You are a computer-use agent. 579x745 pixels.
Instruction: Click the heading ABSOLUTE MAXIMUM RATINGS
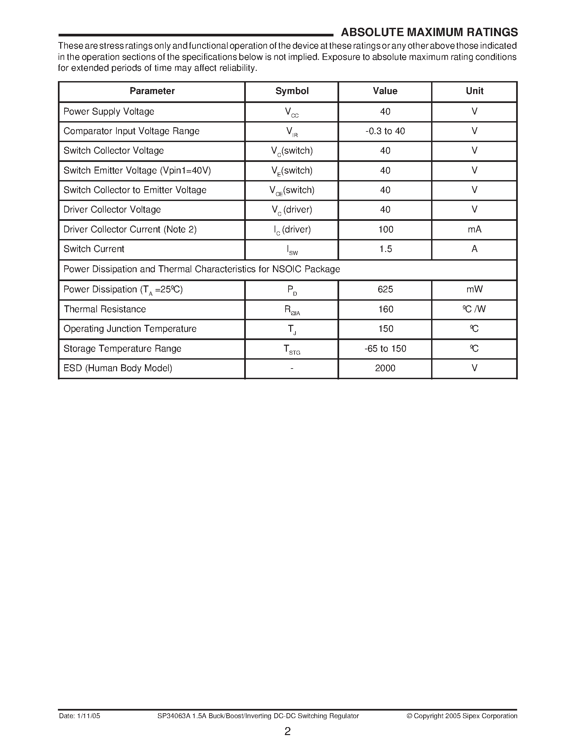coord(429,32)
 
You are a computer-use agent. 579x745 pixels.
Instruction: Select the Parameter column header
coord(152,91)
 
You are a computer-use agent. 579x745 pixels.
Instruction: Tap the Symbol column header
coord(292,91)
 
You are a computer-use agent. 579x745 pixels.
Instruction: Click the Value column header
coord(385,91)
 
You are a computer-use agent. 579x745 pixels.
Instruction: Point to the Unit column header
coord(474,91)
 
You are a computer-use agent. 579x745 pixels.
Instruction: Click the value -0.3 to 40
coord(385,131)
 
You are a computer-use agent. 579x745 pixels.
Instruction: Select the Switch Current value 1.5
coord(385,249)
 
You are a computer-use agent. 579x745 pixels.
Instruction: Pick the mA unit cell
coord(474,229)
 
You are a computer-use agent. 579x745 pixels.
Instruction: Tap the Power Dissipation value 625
coord(385,290)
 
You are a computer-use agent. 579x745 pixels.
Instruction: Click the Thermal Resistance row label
coord(105,309)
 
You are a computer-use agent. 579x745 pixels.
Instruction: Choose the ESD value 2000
coord(385,369)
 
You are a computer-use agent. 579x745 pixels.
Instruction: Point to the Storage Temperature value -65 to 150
coord(385,349)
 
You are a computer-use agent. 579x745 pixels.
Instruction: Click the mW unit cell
coord(474,290)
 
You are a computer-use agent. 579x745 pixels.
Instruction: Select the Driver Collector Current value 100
coord(385,229)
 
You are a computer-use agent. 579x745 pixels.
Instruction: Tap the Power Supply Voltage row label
coord(109,112)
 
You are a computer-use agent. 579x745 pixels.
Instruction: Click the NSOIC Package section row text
coord(202,270)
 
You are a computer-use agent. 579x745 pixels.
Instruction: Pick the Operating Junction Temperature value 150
coord(385,329)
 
